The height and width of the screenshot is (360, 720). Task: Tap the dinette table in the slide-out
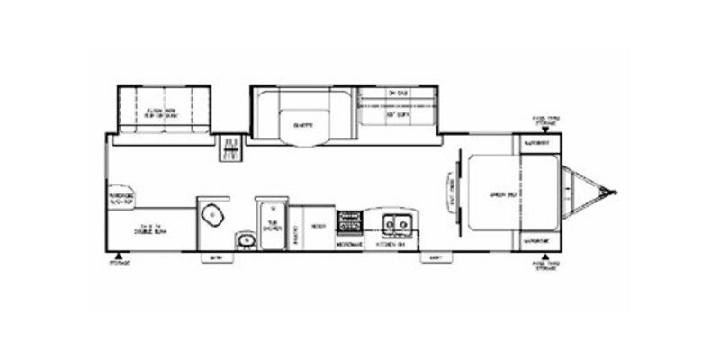pos(301,123)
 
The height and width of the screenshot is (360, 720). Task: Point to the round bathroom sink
pos(245,240)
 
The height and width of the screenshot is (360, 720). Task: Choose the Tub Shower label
pos(270,226)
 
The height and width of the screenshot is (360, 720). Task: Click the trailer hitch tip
pos(616,191)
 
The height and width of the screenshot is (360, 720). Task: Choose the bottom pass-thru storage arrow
pos(546,256)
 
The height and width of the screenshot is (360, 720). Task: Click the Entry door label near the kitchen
pos(436,256)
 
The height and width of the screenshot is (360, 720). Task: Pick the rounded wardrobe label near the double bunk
pos(121,201)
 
